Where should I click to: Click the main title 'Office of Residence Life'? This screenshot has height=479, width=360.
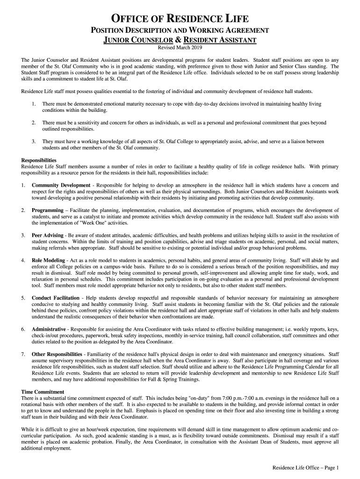[180, 19]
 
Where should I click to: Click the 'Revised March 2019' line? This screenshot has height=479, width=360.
[180, 48]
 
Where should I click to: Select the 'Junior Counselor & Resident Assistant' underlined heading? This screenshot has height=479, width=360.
[180, 40]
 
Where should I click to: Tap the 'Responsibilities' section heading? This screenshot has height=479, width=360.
[39, 160]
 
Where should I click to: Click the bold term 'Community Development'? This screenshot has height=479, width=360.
[61, 186]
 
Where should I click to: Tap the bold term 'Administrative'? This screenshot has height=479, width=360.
[49, 329]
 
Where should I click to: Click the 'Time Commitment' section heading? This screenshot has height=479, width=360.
[43, 392]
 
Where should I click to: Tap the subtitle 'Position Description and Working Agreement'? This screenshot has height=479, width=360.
[180, 30]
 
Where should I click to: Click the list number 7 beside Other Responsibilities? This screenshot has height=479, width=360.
[23, 354]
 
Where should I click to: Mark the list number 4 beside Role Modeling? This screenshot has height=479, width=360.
[23, 260]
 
